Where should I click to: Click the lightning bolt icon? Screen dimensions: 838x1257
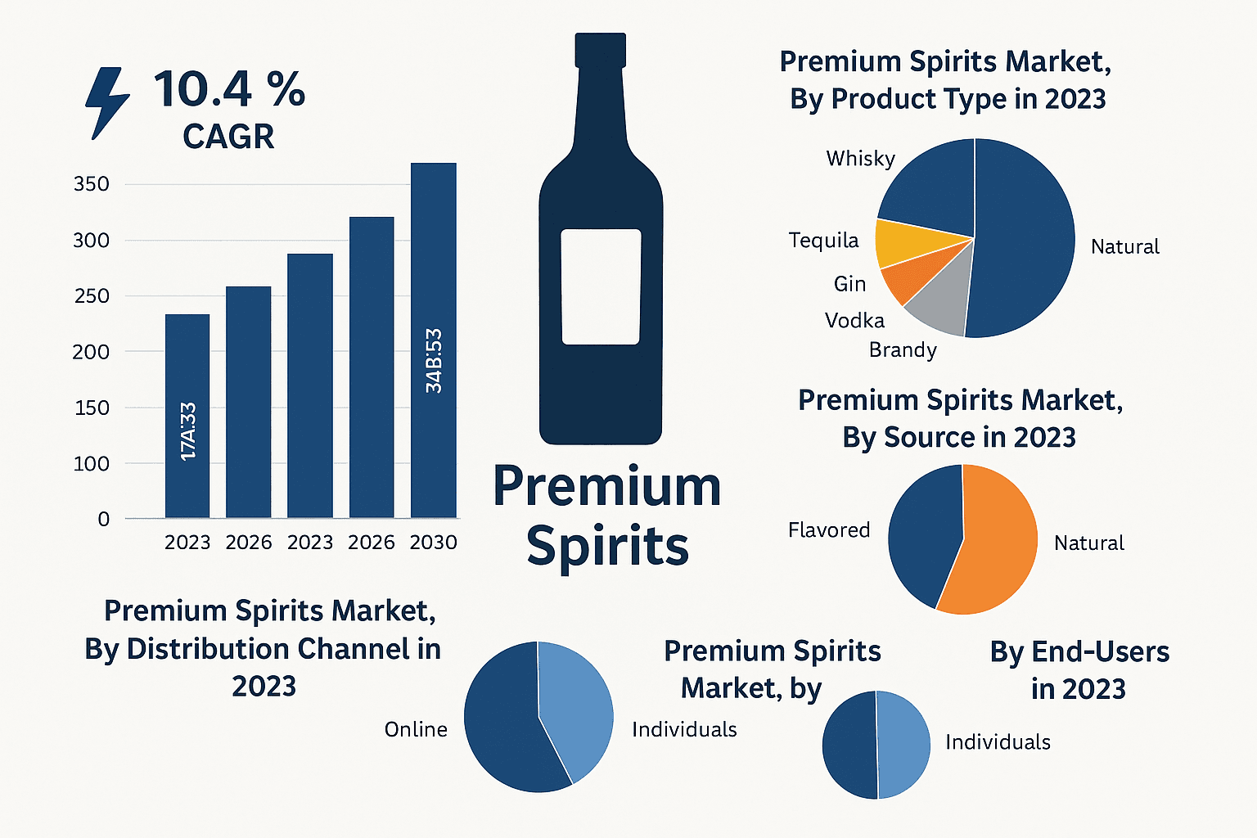pyautogui.click(x=107, y=102)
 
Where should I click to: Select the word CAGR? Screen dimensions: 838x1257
pyautogui.click(x=228, y=137)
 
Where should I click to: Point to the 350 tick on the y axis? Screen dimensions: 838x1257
pyautogui.click(x=92, y=184)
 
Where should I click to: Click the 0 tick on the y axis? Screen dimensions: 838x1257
pyautogui.click(x=103, y=519)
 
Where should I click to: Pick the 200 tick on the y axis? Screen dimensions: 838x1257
pyautogui.click(x=92, y=352)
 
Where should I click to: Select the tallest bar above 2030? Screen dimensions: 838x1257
pyautogui.click(x=433, y=340)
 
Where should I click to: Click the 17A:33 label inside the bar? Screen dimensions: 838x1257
pyautogui.click(x=187, y=431)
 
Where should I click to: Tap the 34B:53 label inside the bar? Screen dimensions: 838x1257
pyautogui.click(x=434, y=360)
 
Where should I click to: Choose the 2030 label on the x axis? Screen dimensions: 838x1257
pyautogui.click(x=433, y=543)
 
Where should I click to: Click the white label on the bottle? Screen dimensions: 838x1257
pyautogui.click(x=601, y=286)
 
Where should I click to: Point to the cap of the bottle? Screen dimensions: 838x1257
pyautogui.click(x=601, y=49)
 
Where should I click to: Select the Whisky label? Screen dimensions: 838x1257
pyautogui.click(x=860, y=158)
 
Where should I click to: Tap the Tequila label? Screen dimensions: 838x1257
pyautogui.click(x=823, y=240)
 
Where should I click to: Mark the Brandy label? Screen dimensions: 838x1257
pyautogui.click(x=903, y=350)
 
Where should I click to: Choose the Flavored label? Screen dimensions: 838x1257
pyautogui.click(x=829, y=530)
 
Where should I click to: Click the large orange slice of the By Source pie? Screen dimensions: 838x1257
pyautogui.click(x=994, y=544)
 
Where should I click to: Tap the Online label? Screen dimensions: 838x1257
pyautogui.click(x=416, y=729)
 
